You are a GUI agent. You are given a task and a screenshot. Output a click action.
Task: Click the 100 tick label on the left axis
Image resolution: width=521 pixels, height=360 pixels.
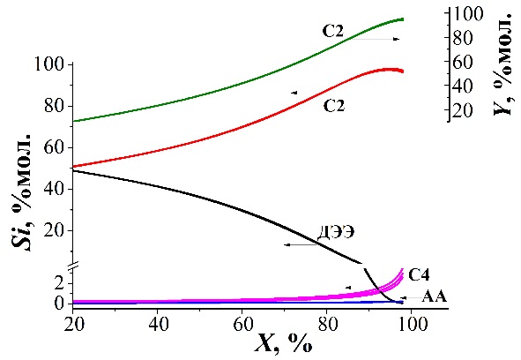tap(48, 64)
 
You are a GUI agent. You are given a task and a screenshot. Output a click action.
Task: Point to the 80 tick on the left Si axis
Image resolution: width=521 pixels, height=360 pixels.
tap(54, 106)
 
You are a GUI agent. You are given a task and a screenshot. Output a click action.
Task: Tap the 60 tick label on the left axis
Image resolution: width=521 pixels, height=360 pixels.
tap(54, 147)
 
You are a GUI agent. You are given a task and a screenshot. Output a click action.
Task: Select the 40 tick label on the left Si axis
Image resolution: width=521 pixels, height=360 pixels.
tap(54, 189)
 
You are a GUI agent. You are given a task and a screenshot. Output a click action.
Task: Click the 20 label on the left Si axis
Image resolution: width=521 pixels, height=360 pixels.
tap(54, 230)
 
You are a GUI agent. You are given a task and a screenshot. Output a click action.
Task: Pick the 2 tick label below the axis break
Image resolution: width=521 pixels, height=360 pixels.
tap(59, 283)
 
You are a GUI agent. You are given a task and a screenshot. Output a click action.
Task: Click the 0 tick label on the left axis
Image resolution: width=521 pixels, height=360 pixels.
tap(59, 304)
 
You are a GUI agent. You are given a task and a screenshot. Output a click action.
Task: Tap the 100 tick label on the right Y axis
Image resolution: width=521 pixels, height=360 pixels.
tap(467, 14)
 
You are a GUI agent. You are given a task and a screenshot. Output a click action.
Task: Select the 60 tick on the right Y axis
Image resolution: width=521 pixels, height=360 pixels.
tap(462, 63)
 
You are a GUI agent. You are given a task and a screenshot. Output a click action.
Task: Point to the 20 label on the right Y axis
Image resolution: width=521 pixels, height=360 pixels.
tap(462, 110)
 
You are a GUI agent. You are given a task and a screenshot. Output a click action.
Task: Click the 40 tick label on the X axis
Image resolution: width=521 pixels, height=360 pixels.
tap(158, 324)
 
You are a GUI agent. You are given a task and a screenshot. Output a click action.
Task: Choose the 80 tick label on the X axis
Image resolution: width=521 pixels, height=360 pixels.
tap(327, 324)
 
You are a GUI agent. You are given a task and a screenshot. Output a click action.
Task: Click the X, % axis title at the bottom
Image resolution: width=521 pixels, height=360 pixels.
tap(284, 342)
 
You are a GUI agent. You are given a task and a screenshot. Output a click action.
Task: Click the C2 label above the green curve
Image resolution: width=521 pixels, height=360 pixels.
tap(332, 31)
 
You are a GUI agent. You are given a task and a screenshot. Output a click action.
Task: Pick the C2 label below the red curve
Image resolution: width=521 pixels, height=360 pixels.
tap(334, 106)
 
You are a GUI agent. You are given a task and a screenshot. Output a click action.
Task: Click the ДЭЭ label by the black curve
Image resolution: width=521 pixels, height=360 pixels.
tap(336, 232)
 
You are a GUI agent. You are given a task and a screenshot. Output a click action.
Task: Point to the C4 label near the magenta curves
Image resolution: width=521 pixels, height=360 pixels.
tap(419, 275)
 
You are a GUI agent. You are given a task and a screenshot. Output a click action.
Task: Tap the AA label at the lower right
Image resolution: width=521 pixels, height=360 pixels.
tap(435, 296)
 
